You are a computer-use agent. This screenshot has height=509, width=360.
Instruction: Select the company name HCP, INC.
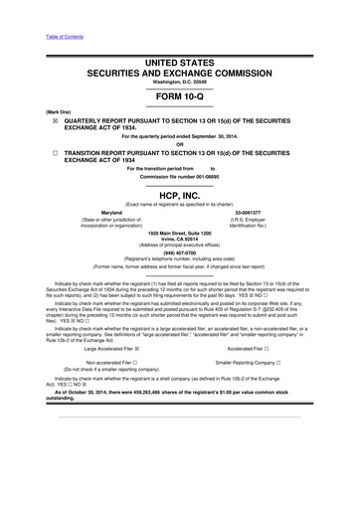[180, 195]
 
